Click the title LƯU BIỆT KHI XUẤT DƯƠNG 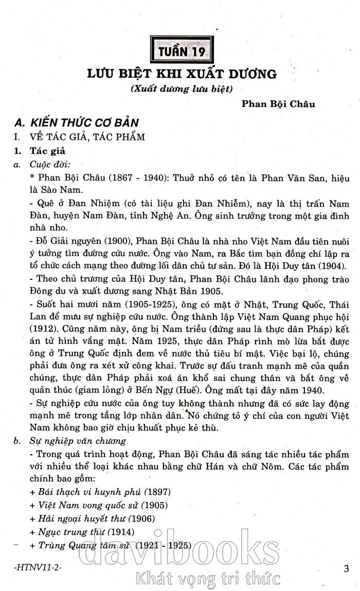click(x=182, y=74)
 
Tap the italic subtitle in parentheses click(x=182, y=88)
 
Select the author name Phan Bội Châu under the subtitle click(x=278, y=104)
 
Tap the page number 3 click(x=346, y=568)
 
